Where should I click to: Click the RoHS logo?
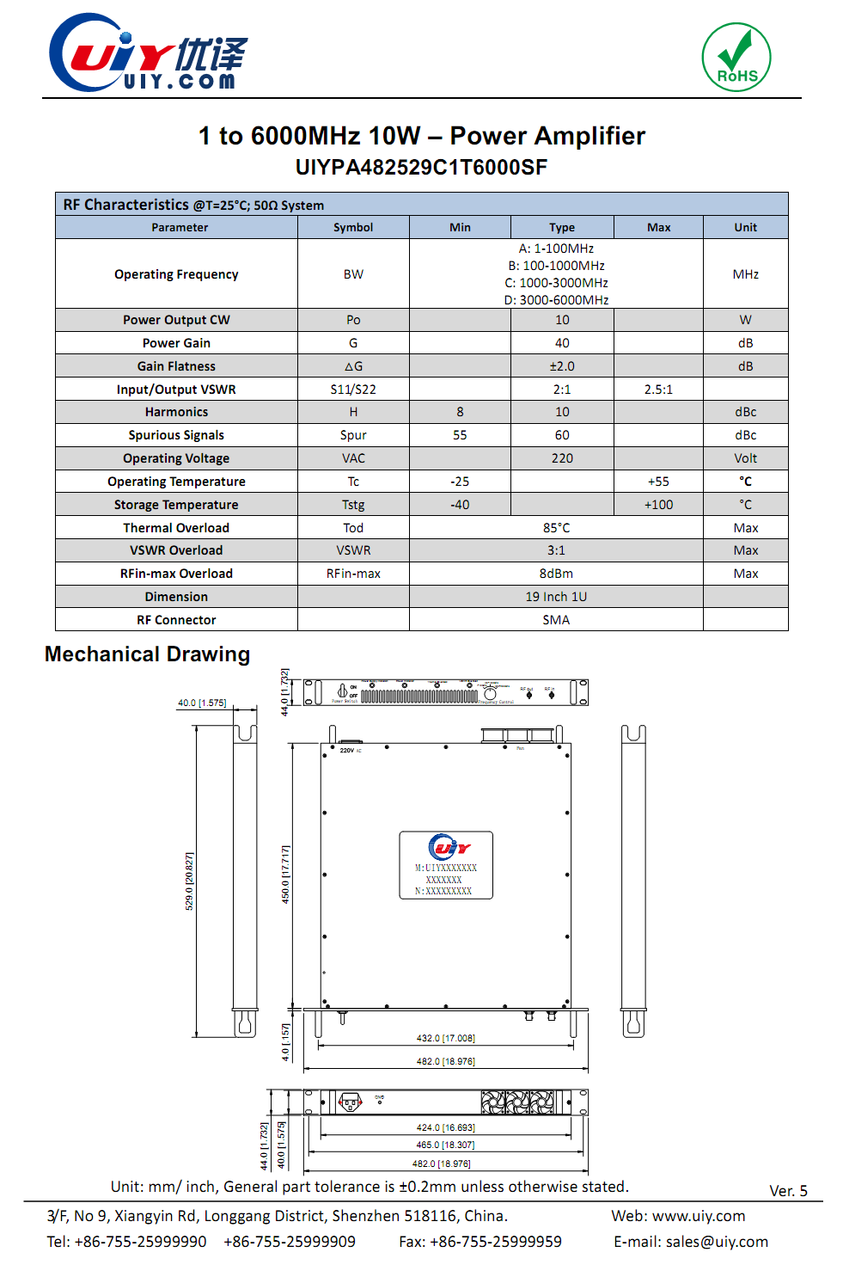pyautogui.click(x=736, y=58)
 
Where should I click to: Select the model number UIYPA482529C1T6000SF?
pyautogui.click(x=421, y=167)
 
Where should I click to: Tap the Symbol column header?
pyautogui.click(x=353, y=227)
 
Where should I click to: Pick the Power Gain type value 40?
pyautogui.click(x=562, y=343)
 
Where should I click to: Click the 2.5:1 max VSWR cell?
pyautogui.click(x=658, y=390)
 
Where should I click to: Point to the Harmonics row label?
pyautogui.click(x=176, y=412)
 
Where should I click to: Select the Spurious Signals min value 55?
pyautogui.click(x=460, y=435)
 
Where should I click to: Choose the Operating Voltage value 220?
pyautogui.click(x=562, y=458)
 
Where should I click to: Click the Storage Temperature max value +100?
pyautogui.click(x=658, y=505)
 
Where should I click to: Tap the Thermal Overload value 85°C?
pyautogui.click(x=556, y=528)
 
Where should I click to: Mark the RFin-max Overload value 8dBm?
pyautogui.click(x=556, y=574)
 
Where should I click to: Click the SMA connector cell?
pyautogui.click(x=556, y=620)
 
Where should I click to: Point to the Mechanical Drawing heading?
pyautogui.click(x=147, y=654)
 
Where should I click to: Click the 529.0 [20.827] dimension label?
pyautogui.click(x=189, y=881)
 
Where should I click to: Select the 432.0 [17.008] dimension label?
pyautogui.click(x=445, y=1038)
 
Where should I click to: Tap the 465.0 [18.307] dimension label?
pyautogui.click(x=445, y=1145)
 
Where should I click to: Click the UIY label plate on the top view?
pyautogui.click(x=446, y=865)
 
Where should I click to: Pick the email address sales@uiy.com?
pyautogui.click(x=717, y=1242)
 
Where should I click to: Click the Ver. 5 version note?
pyautogui.click(x=788, y=1191)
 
